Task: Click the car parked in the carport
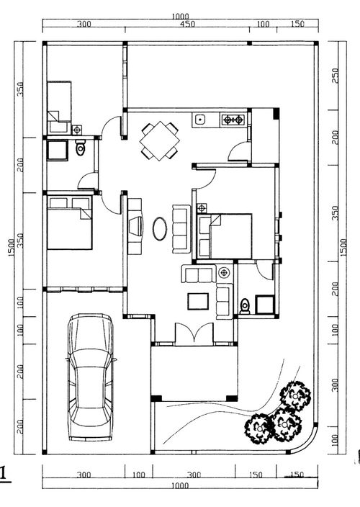[x=91, y=377]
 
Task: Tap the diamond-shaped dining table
[x=160, y=140]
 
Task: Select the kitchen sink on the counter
[x=200, y=120]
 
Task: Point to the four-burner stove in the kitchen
[x=233, y=120]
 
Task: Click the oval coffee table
[x=160, y=228]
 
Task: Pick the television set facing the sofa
[x=136, y=226]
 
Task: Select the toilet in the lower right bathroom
[x=245, y=306]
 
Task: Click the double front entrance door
[x=194, y=333]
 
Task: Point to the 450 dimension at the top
[x=188, y=24]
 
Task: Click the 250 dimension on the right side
[x=335, y=76]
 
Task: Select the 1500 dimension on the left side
[x=12, y=248]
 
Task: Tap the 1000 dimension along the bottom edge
[x=180, y=485]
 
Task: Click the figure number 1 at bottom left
[x=4, y=474]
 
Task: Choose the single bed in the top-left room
[x=59, y=107]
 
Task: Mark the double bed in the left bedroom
[x=69, y=223]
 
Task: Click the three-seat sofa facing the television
[x=181, y=228]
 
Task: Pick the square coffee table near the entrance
[x=198, y=301]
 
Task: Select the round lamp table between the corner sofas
[x=224, y=272]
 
